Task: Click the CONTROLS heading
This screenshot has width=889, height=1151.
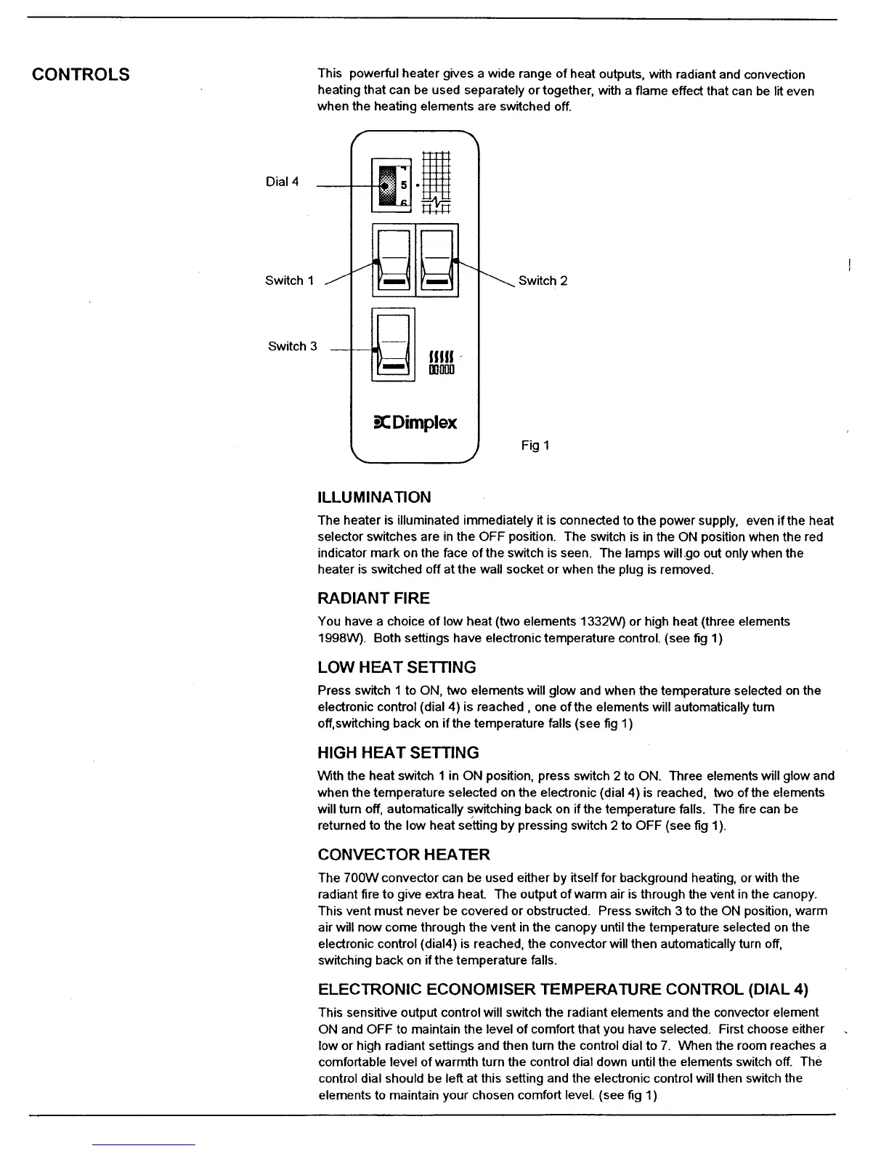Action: tap(81, 74)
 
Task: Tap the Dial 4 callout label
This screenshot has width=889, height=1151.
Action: tap(282, 182)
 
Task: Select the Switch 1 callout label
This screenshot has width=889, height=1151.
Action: tap(289, 280)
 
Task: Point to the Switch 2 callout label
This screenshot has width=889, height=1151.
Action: tap(543, 280)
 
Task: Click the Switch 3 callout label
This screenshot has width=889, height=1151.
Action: tap(292, 346)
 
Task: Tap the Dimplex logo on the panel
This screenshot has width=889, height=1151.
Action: tap(415, 422)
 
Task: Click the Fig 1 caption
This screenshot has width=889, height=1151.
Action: tap(535, 445)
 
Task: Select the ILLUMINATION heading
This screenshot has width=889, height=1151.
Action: tap(374, 497)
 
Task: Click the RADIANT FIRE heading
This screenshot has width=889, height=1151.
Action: tap(373, 598)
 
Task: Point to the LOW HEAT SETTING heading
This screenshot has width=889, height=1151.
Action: tap(397, 667)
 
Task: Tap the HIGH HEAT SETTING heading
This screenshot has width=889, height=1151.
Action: tap(398, 752)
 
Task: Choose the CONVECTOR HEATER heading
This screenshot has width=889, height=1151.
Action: tap(404, 854)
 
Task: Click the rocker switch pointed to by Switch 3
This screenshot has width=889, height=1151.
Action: tap(393, 344)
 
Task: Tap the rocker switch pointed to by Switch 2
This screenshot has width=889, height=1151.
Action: tap(437, 259)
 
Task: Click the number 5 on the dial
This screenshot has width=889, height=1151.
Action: tap(404, 185)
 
